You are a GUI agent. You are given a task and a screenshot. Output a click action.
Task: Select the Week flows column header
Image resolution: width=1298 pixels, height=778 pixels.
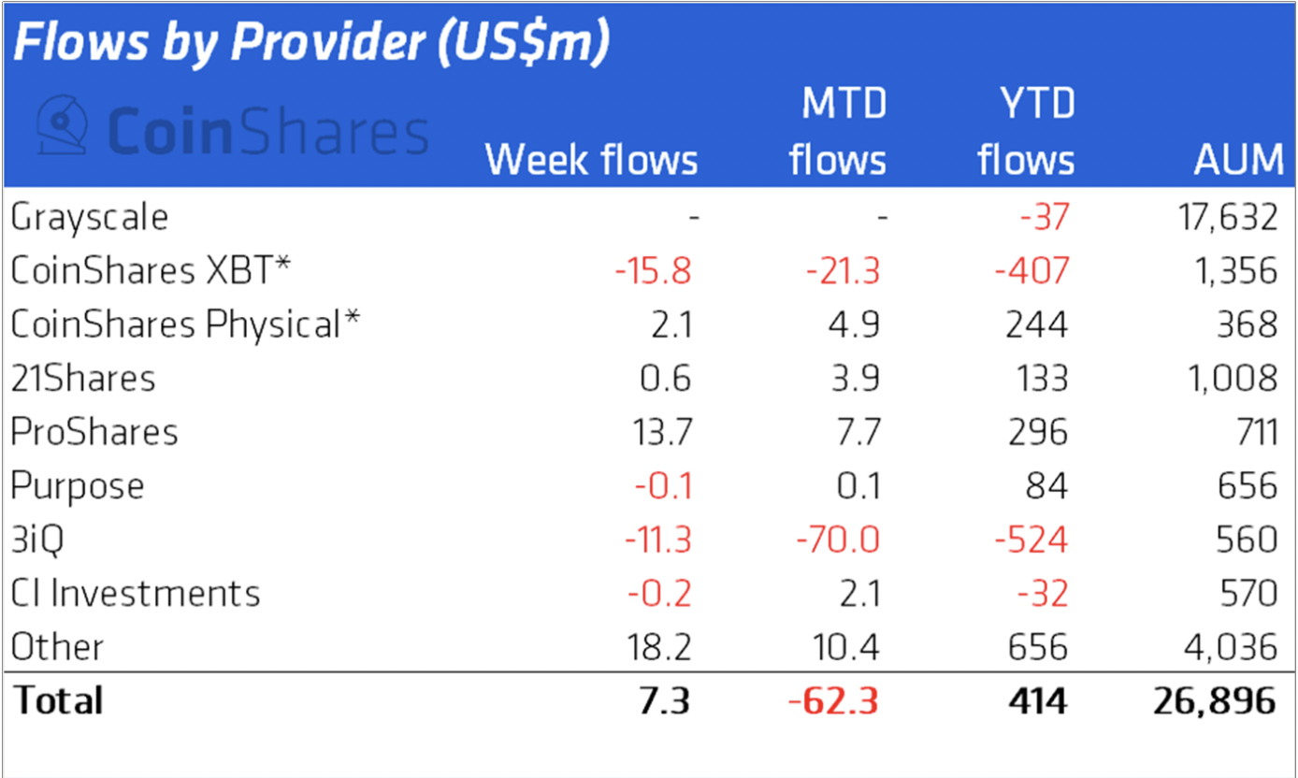tap(591, 160)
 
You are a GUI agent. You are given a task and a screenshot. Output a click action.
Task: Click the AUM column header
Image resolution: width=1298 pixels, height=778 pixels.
tap(1238, 160)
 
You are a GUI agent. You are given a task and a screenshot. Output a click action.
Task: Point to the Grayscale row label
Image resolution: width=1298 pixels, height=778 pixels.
tap(90, 218)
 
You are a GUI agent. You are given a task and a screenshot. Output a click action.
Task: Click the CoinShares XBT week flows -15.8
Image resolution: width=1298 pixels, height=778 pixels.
tap(653, 271)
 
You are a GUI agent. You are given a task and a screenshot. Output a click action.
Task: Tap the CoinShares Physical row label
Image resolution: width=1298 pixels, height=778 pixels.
tap(185, 325)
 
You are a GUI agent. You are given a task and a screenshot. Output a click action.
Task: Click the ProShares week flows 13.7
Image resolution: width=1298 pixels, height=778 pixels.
tap(660, 432)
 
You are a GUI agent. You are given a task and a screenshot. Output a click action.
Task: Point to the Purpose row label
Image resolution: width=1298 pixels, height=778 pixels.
tap(78, 486)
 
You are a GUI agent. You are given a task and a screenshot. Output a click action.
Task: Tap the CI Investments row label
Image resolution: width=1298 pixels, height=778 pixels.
tap(136, 594)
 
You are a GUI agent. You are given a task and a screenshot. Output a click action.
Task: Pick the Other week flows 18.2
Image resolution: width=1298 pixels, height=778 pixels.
tap(660, 647)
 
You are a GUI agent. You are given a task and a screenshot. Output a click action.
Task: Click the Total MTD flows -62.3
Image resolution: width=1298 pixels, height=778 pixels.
tap(834, 701)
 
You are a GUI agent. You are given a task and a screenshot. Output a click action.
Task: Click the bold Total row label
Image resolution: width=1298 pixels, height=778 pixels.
tap(58, 701)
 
